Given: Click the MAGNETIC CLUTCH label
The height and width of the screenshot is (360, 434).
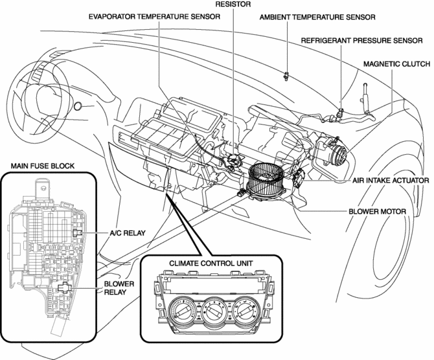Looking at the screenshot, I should coord(395,65).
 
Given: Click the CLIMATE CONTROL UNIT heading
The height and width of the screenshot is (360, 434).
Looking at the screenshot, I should coord(211,264).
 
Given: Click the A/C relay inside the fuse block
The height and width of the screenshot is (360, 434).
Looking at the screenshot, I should coord(76,232).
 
